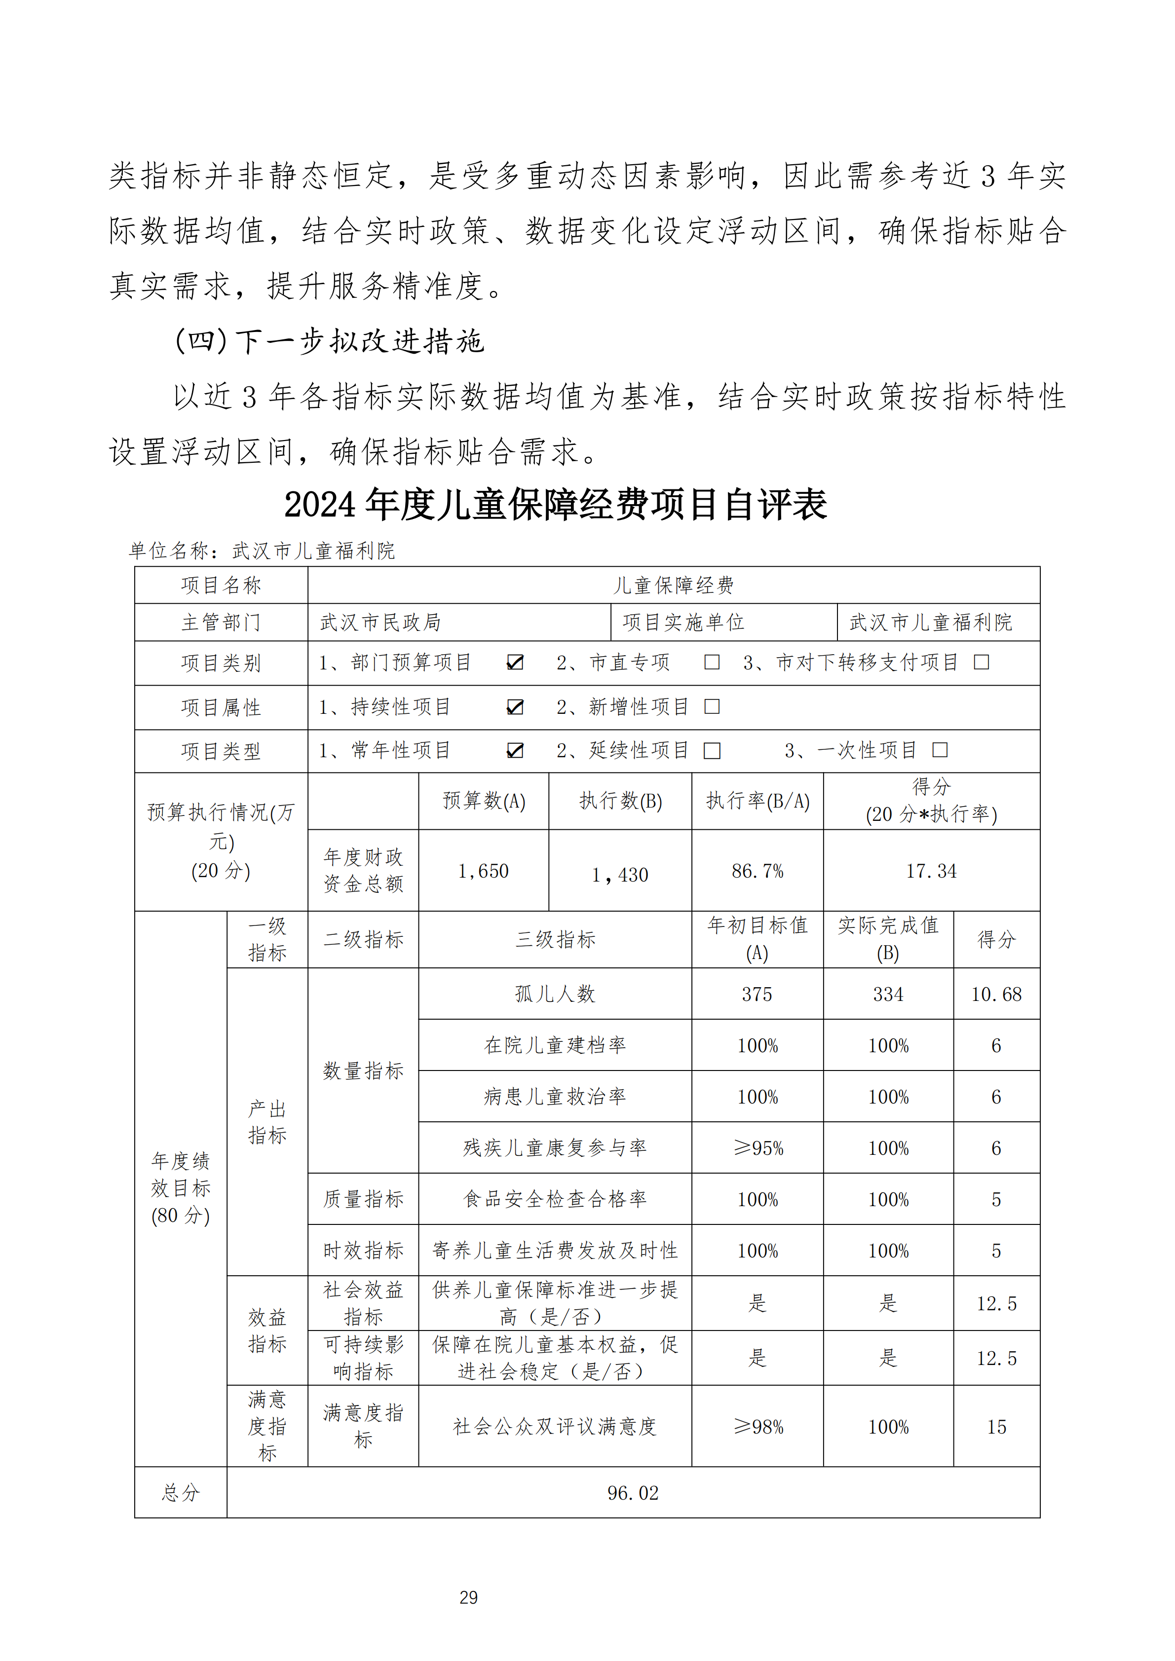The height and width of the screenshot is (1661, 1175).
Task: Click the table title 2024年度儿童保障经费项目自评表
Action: pos(555,505)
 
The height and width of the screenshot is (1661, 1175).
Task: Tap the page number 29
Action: pos(469,1597)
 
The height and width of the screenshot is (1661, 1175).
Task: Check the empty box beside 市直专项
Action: pos(712,662)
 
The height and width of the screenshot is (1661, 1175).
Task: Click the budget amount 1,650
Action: pos(483,871)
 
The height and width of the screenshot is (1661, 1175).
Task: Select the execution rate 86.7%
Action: pos(758,871)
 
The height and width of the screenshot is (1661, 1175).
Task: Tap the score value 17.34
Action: pos(931,871)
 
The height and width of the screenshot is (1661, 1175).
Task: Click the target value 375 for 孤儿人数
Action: pos(757,994)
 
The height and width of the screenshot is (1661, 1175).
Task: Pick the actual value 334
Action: pos(888,994)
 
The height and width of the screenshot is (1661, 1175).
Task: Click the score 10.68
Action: pos(996,994)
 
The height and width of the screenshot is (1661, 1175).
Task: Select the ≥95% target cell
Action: pos(758,1148)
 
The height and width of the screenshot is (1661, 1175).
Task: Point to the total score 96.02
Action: pos(633,1492)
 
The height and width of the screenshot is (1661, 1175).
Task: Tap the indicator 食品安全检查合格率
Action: pos(555,1199)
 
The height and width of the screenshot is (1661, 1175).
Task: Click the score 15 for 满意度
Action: pos(996,1427)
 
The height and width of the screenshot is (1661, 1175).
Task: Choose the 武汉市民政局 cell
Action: pos(380,622)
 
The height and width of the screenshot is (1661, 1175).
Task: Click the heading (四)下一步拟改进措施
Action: pos(329,341)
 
